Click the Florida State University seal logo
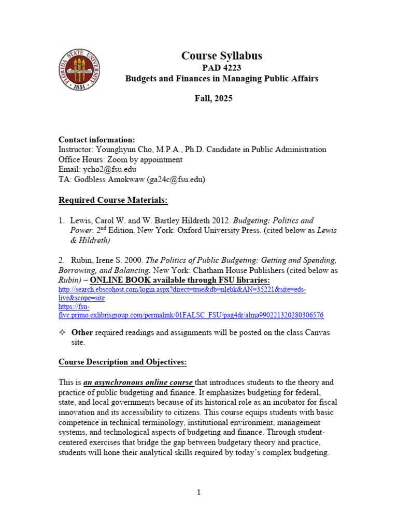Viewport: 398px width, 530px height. [x=79, y=70]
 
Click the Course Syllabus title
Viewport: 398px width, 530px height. [x=221, y=56]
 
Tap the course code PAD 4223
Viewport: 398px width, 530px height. [x=221, y=68]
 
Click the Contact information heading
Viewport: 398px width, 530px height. [x=96, y=139]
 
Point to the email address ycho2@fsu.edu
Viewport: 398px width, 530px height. [x=108, y=169]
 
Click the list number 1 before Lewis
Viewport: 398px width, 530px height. [x=61, y=220]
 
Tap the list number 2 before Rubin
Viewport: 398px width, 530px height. [x=61, y=260]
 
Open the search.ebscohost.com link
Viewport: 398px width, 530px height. [x=181, y=290]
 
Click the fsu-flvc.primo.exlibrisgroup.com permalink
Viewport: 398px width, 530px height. [x=191, y=315]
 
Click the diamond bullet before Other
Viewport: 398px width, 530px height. [x=62, y=332]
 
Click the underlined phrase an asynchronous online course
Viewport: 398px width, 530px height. [x=138, y=382]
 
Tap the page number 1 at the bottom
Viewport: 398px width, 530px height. [x=198, y=492]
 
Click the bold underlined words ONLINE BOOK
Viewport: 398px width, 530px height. [x=121, y=280]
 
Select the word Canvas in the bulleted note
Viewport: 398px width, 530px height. [x=318, y=332]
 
